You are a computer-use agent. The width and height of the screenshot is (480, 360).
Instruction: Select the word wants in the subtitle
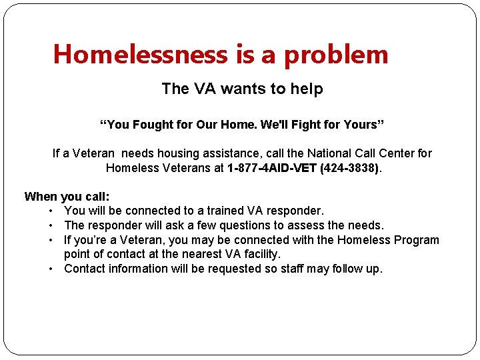coord(248,89)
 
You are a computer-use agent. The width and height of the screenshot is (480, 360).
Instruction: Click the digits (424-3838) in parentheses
coord(349,168)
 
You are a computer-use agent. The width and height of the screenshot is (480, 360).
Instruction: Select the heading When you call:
coord(67,197)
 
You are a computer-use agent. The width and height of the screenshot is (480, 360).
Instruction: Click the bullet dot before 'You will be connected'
coord(51,211)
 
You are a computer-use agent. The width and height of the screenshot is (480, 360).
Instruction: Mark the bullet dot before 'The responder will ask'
coord(51,226)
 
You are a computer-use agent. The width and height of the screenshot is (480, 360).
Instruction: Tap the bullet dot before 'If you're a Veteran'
coord(51,240)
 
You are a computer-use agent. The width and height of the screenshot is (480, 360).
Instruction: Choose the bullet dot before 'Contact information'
coord(51,269)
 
